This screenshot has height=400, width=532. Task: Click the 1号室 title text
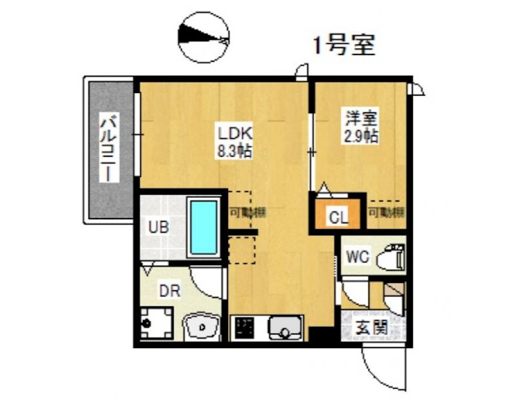coord(344,45)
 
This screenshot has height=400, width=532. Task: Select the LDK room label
coord(233,132)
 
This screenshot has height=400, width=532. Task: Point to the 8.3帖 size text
coord(234,151)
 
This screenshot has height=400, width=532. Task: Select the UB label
coord(158,226)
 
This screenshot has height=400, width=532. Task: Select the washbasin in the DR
coord(201,326)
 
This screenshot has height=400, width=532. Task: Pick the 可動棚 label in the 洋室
coord(387,213)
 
